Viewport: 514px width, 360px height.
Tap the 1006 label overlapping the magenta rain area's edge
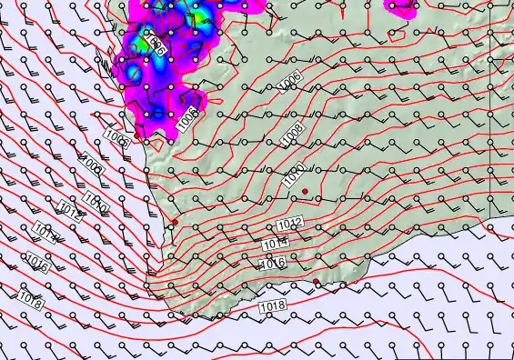[x=188, y=117]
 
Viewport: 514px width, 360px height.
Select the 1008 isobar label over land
[x=292, y=134]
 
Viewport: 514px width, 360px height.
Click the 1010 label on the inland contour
[x=293, y=175]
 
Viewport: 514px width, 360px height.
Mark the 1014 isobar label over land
[x=277, y=243]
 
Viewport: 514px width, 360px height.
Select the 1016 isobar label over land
[x=274, y=264]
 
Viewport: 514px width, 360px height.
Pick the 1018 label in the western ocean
[x=29, y=297]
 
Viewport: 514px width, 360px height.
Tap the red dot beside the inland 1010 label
[x=307, y=191]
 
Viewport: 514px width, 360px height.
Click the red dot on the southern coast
[x=316, y=282]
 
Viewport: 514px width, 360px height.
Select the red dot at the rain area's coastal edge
[x=137, y=135]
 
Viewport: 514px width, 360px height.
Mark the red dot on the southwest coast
[x=176, y=222]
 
